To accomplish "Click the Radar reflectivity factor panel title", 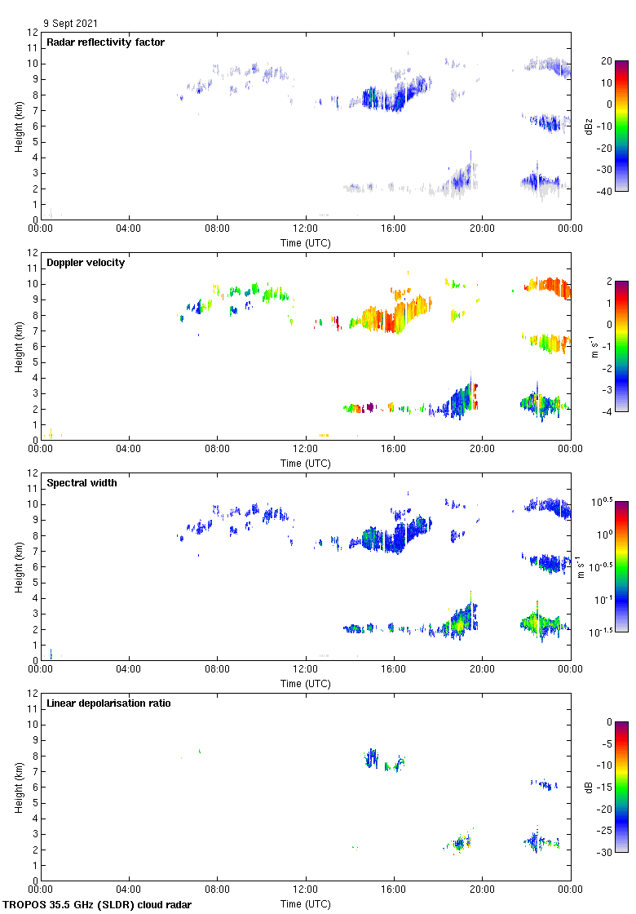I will (x=105, y=42).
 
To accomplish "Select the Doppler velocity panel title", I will (x=86, y=262).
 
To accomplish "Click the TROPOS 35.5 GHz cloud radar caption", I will (x=98, y=904).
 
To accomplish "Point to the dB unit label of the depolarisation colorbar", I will (x=589, y=787).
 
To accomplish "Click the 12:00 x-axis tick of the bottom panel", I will (x=306, y=890).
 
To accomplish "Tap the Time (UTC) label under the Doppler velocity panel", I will (x=306, y=463).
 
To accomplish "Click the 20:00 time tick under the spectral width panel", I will (x=482, y=670).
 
